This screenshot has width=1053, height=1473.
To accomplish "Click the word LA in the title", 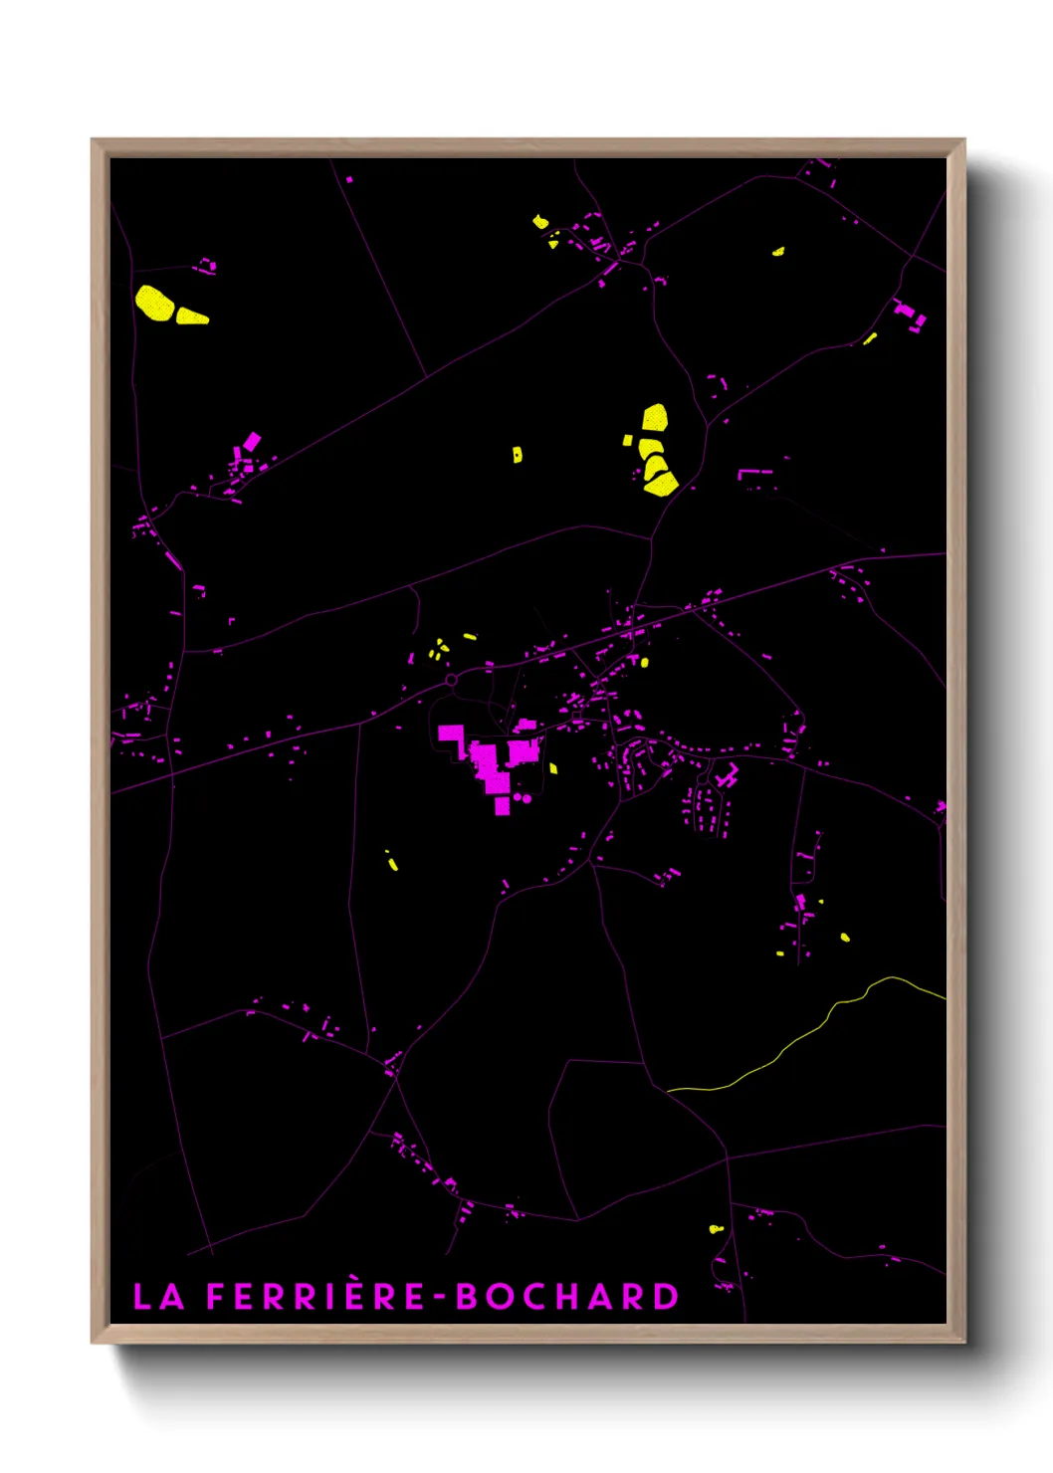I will (x=158, y=1296).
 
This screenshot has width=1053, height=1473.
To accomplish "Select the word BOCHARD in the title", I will (x=566, y=1296).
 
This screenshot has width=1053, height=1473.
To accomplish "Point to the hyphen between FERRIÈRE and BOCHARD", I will (x=442, y=1298).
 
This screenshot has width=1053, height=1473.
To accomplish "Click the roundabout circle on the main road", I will (x=451, y=680).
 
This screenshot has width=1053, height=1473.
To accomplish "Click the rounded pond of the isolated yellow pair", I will (x=153, y=303).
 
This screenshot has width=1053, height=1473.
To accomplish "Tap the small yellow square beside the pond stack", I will (x=627, y=440).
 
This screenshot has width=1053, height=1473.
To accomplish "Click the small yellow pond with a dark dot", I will (x=517, y=455).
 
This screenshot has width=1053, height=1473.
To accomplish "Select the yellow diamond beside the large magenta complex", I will (x=553, y=768).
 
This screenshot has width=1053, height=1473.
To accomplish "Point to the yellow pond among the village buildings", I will (x=644, y=662).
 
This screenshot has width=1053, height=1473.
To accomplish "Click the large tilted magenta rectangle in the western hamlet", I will (x=252, y=441).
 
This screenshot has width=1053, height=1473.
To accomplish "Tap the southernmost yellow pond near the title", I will (x=714, y=1229).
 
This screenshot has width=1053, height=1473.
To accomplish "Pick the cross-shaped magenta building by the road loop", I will (x=727, y=775).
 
